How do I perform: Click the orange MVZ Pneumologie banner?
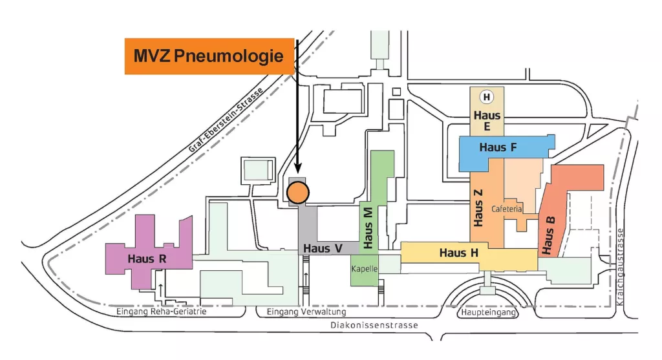pos(209,56)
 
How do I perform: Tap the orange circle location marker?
pos(298,191)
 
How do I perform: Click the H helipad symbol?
pos(486,98)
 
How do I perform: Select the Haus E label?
pos(487,121)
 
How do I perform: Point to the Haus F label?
pos(498,147)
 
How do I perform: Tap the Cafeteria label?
pos(506,209)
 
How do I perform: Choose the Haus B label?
pos(549,235)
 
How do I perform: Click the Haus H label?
pos(459,253)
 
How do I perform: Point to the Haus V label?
pos(323,248)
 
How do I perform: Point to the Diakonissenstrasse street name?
pos(374,326)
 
